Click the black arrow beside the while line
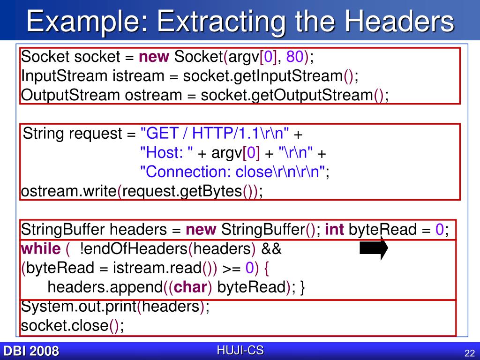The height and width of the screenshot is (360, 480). click(x=374, y=248)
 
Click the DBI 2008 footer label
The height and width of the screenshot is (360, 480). click(x=31, y=351)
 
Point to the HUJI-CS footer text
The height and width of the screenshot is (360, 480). click(x=240, y=350)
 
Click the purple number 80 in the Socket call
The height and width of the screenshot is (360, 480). click(x=296, y=57)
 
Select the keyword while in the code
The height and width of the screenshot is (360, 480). click(x=41, y=249)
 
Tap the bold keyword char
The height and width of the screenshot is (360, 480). click(x=190, y=287)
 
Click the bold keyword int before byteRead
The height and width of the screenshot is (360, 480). click(x=334, y=230)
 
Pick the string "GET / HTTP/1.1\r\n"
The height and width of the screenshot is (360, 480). click(x=215, y=134)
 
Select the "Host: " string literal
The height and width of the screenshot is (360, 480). click(x=167, y=153)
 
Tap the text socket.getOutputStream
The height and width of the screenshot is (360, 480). click(x=287, y=95)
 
